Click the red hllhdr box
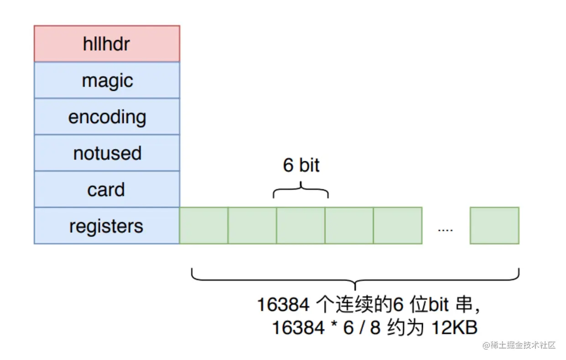point(107,43)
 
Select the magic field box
point(107,80)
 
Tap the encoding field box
point(107,116)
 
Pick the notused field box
point(107,153)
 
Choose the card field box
point(107,189)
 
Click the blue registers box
point(107,225)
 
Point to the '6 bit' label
point(301,165)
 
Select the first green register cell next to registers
point(204,225)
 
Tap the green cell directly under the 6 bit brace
point(301,225)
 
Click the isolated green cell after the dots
point(494,225)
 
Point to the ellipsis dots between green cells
point(445,230)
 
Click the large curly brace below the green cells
point(355,280)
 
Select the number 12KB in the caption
point(455,328)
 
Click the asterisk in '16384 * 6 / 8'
point(334,324)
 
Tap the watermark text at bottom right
point(519,345)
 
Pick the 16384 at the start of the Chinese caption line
point(283,304)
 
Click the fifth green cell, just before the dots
point(398,225)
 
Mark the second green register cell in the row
point(252,225)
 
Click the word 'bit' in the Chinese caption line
point(438,304)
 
